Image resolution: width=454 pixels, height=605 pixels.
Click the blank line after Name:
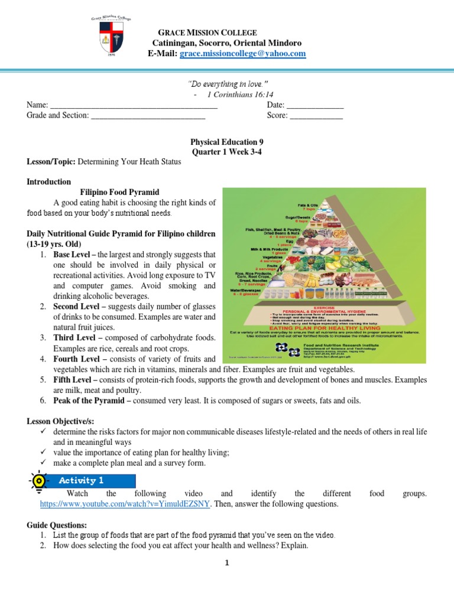(134, 105)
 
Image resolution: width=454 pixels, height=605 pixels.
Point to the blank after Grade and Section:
(148, 116)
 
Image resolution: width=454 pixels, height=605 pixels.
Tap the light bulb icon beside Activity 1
(38, 481)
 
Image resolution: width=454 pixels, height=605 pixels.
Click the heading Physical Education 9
(227, 142)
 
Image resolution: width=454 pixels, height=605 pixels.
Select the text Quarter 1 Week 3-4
(227, 152)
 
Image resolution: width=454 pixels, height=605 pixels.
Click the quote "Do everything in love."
(227, 84)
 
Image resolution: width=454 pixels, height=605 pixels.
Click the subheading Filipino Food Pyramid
(120, 192)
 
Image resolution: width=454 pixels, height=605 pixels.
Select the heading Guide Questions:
(57, 525)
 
